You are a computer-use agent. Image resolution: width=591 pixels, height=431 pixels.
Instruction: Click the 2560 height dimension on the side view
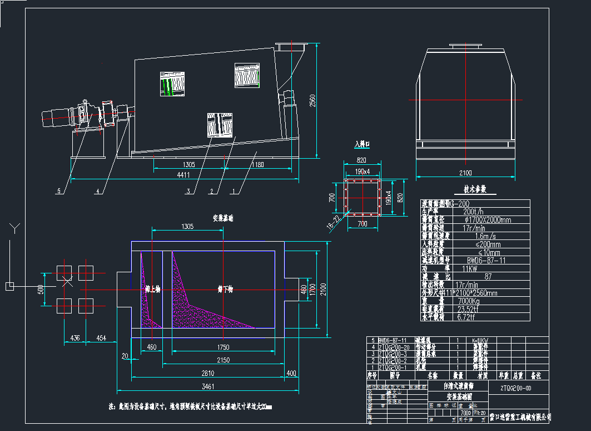(312, 101)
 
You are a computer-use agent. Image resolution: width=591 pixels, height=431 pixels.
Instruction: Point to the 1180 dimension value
(257, 165)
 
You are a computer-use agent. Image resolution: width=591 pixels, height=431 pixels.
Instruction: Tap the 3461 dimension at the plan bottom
(208, 386)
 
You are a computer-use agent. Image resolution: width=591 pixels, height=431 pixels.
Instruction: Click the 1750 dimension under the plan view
(222, 347)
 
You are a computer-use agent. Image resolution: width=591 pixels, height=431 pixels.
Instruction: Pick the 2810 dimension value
(207, 373)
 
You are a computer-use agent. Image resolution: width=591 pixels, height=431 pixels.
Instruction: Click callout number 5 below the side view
(59, 191)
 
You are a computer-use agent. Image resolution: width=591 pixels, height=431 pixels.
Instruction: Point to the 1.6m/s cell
(471, 236)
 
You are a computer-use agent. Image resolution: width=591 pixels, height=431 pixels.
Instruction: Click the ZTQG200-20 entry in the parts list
(394, 346)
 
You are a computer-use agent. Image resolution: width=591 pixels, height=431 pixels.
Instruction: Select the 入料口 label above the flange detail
(362, 144)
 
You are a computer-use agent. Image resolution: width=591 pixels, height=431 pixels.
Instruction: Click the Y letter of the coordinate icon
(16, 227)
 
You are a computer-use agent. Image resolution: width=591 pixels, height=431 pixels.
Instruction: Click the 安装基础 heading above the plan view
(223, 219)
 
